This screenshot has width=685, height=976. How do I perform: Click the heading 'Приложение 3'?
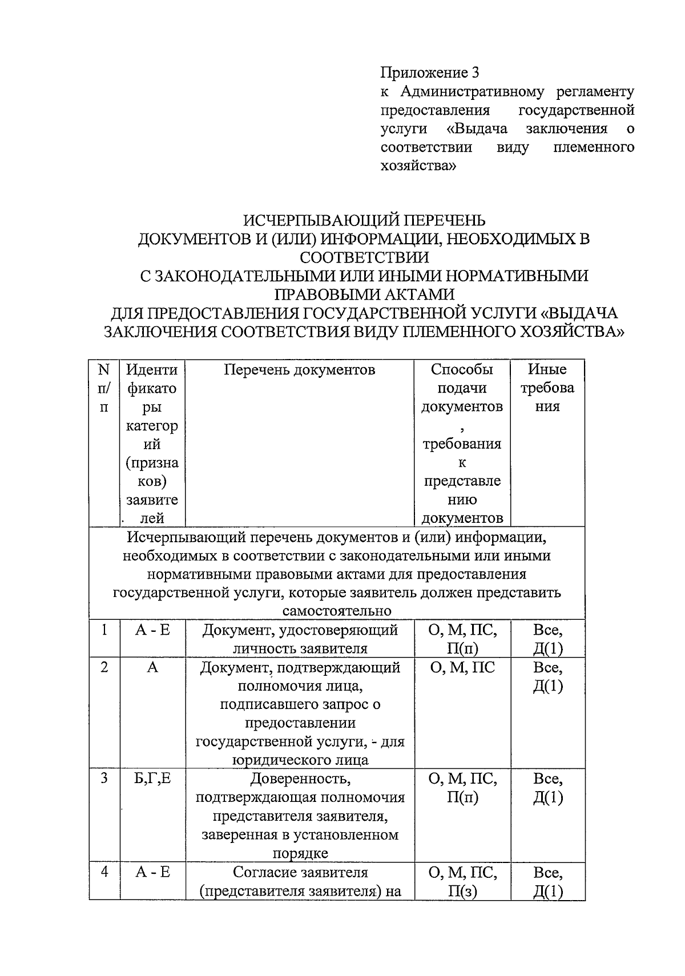click(x=429, y=72)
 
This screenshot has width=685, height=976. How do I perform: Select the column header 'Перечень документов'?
click(x=299, y=370)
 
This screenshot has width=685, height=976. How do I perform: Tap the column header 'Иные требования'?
click(x=547, y=388)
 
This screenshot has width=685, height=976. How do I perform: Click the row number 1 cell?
click(x=104, y=630)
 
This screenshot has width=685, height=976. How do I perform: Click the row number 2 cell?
click(x=104, y=667)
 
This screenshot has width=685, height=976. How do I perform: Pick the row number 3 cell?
click(x=104, y=779)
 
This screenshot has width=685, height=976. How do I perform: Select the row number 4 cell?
click(x=104, y=872)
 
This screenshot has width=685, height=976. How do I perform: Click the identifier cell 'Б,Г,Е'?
click(x=152, y=779)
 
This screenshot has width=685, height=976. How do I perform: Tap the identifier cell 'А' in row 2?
click(x=152, y=667)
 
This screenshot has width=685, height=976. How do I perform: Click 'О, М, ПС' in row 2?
click(x=462, y=667)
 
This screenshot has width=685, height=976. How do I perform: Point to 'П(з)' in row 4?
click(x=462, y=891)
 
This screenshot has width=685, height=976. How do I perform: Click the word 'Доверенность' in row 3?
click(x=300, y=779)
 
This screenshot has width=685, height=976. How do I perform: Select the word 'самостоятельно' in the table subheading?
click(x=337, y=611)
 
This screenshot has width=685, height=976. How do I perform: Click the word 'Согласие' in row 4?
click(x=260, y=872)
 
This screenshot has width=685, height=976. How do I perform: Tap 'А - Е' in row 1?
click(x=152, y=630)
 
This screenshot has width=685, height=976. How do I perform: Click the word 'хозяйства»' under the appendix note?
click(x=418, y=166)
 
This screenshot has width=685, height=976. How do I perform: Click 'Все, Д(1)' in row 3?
click(x=547, y=788)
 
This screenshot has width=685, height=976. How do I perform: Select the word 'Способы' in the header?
click(x=462, y=370)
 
